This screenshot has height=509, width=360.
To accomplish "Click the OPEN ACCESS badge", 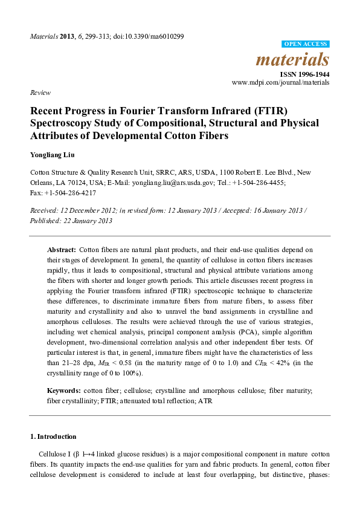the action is (306, 45).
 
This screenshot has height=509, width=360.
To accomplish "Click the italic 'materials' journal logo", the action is (293, 59).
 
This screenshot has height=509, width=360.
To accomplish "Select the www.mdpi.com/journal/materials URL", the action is (280, 82).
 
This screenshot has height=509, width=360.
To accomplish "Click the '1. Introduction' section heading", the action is (53, 436).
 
